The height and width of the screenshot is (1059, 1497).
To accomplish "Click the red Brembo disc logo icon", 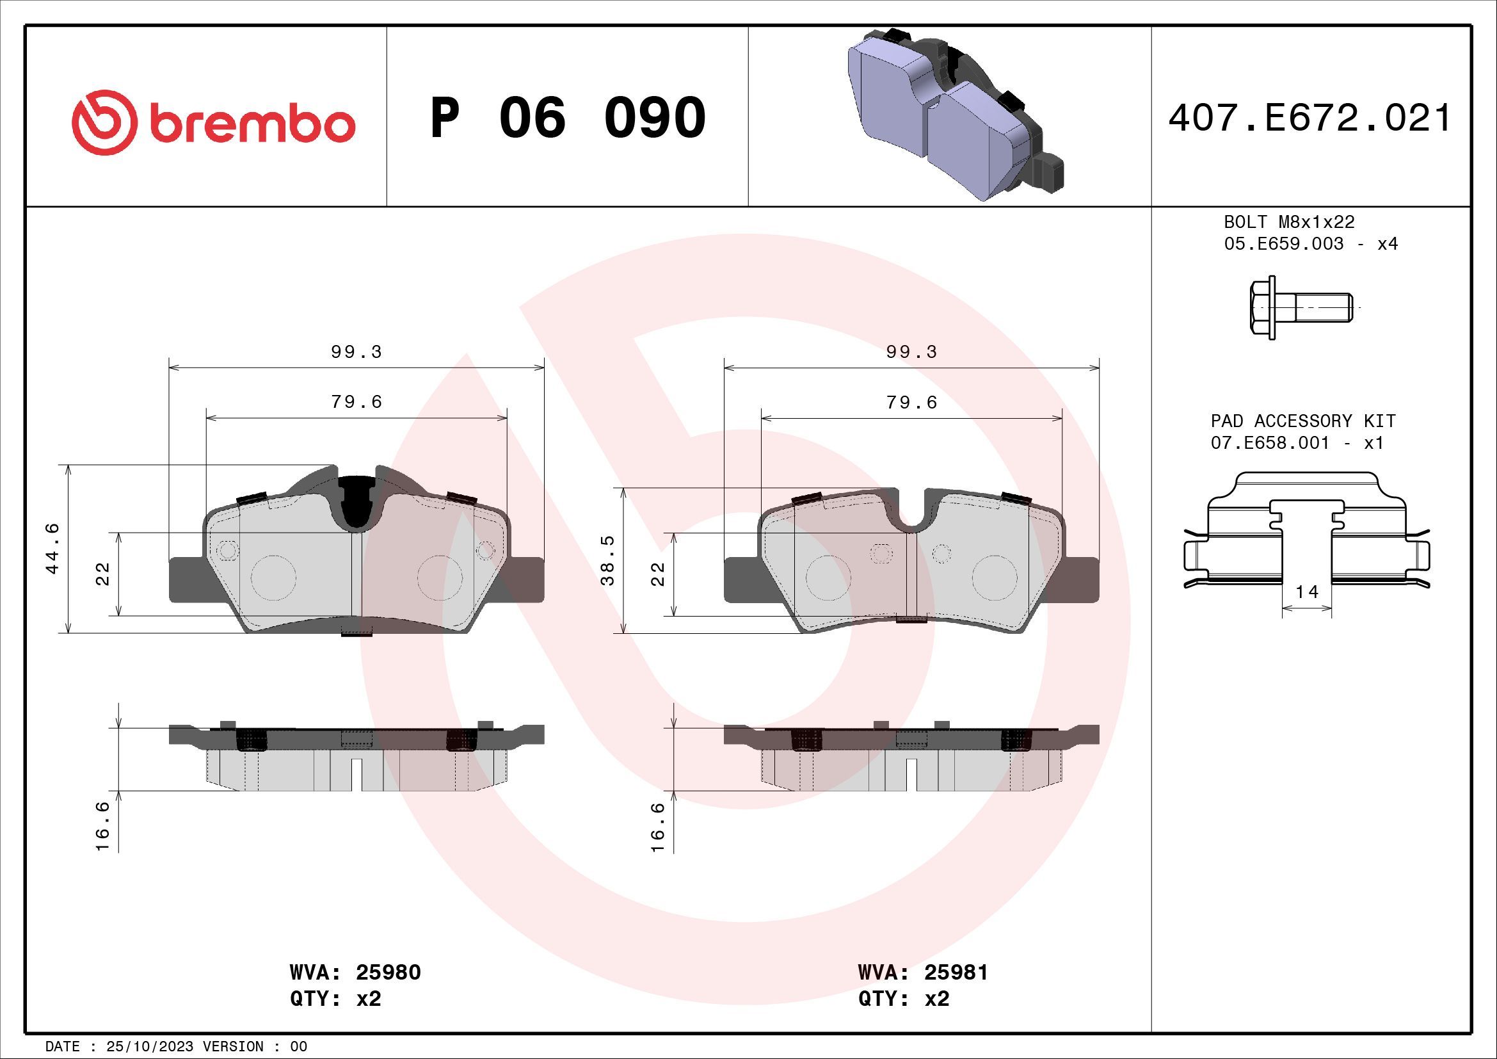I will [x=104, y=122].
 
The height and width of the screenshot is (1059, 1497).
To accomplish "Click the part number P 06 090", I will [x=567, y=118].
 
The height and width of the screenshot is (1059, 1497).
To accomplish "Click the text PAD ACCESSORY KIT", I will [x=1302, y=421].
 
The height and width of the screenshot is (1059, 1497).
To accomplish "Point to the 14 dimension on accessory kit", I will [x=1306, y=592].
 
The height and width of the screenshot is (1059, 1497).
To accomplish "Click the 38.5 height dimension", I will [x=607, y=560].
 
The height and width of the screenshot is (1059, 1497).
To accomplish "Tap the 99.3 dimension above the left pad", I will [x=356, y=352].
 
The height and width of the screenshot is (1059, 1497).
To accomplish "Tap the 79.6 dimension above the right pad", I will [x=911, y=402].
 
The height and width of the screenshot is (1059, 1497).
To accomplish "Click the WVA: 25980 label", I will [x=355, y=973].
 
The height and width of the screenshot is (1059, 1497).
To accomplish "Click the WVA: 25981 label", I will [x=923, y=973].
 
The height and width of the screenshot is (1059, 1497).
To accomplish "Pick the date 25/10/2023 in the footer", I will [x=149, y=1047].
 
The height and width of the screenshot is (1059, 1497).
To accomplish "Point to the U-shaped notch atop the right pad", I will [x=912, y=515].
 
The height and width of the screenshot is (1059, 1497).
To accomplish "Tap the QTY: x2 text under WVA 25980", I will [x=336, y=998].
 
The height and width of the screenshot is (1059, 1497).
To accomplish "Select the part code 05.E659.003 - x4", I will [x=1311, y=244].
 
